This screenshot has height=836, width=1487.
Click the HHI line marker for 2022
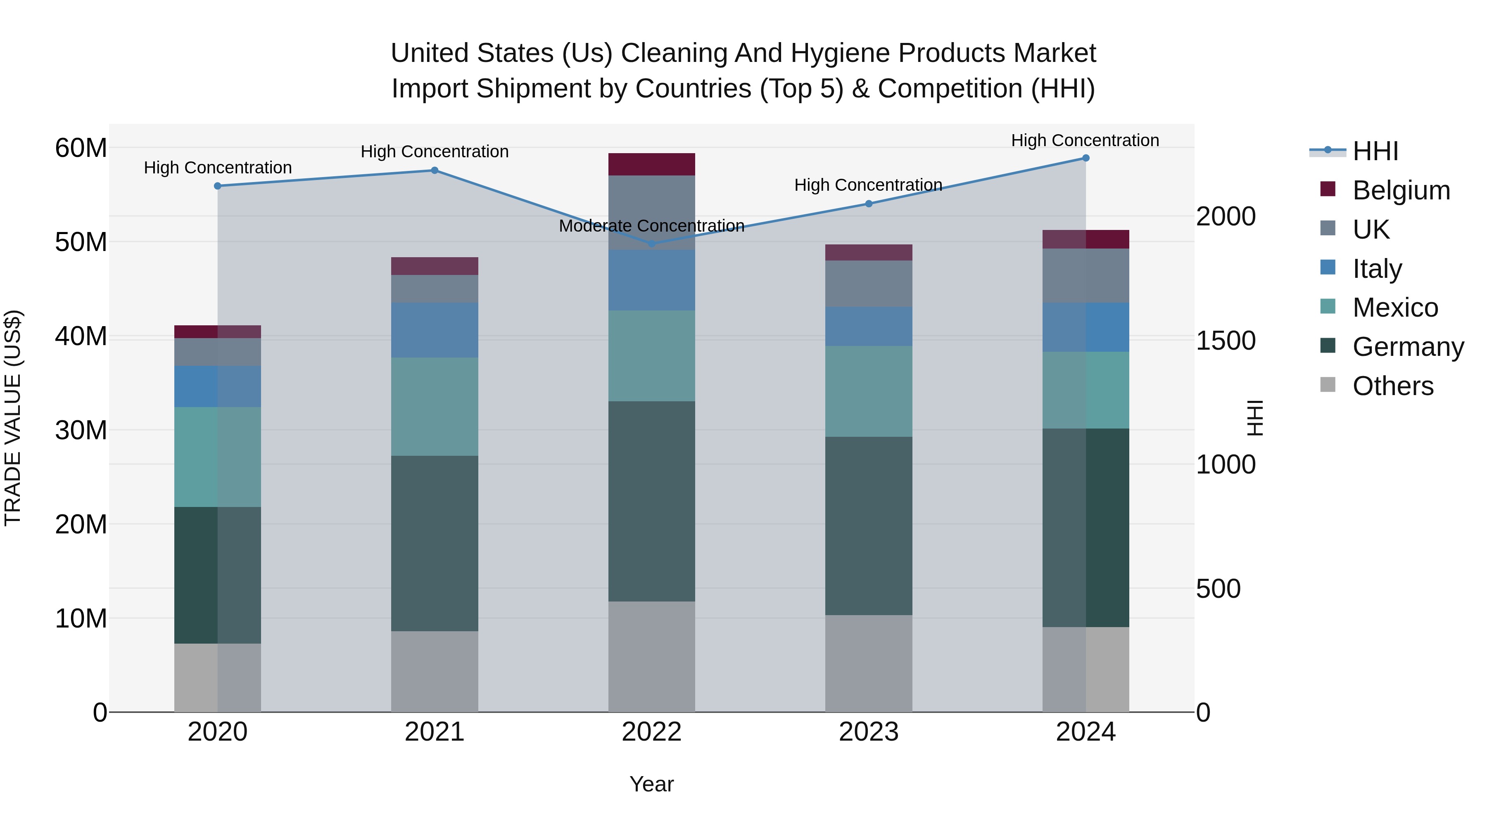coord(652,244)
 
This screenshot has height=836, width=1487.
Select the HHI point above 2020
coord(218,186)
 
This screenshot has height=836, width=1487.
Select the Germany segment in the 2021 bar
coord(434,543)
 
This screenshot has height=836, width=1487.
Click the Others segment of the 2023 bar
coord(868,663)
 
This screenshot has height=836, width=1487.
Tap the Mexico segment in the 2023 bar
coord(868,391)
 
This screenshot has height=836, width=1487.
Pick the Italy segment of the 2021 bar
coord(434,330)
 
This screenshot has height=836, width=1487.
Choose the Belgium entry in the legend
coord(1401,190)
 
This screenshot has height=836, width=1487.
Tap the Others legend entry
coord(1392,386)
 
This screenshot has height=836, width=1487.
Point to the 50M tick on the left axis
coord(81,242)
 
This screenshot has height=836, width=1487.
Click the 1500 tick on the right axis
coord(1225,341)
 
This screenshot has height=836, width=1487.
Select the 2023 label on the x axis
coord(868,732)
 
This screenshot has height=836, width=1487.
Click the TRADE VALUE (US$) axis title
coord(13,418)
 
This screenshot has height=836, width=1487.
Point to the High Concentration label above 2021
coord(434,152)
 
